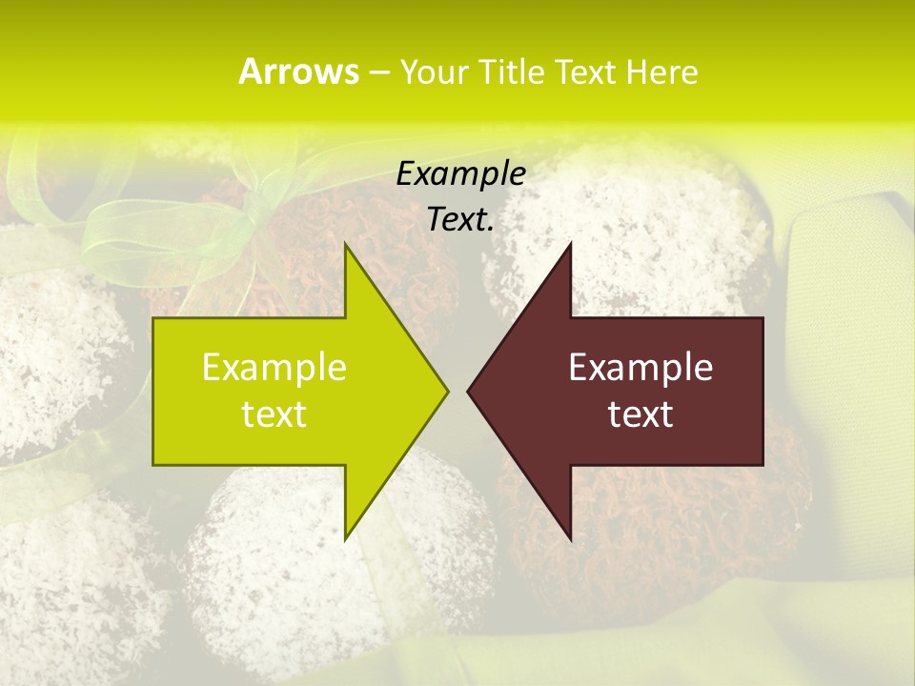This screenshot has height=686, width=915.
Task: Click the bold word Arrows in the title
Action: tap(298, 71)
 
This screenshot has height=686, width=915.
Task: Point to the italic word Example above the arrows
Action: tap(460, 174)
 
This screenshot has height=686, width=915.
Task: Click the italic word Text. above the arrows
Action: tap(460, 220)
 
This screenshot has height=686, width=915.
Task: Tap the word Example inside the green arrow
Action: tap(274, 368)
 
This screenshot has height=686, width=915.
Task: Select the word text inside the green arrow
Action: tap(274, 414)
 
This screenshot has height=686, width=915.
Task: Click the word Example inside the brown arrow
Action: tap(640, 368)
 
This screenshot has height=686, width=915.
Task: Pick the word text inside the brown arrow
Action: tap(640, 414)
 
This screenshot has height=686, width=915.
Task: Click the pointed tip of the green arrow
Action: tap(447, 391)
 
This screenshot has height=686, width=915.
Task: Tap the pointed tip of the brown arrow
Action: tap(468, 391)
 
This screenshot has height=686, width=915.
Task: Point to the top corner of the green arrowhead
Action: tap(346, 244)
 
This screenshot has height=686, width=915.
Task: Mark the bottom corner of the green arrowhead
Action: tap(346, 539)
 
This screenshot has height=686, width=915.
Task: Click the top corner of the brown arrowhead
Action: tap(570, 244)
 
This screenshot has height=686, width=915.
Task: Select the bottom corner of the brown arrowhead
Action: tap(570, 539)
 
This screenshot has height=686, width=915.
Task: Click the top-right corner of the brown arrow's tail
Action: tap(762, 318)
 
